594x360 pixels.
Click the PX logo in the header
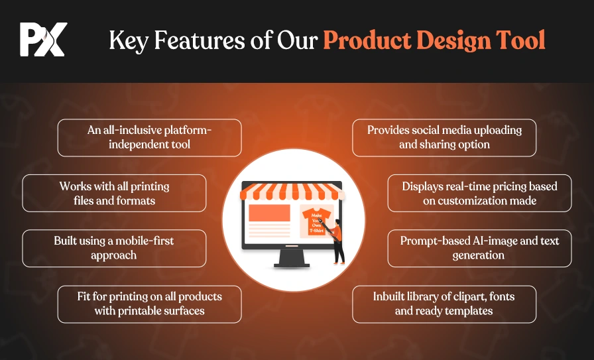click(44, 39)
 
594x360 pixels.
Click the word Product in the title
click(367, 40)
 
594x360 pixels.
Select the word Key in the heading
click(129, 40)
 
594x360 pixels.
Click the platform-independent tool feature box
click(150, 137)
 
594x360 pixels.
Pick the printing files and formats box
click(115, 194)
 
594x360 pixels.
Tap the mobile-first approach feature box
click(115, 248)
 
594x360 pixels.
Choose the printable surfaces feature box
click(150, 304)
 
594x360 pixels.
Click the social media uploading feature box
click(444, 137)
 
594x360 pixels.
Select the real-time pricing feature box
click(479, 194)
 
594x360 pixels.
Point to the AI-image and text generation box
click(479, 248)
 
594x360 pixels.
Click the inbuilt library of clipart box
click(444, 304)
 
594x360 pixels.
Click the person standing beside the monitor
click(335, 241)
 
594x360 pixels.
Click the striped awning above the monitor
click(292, 192)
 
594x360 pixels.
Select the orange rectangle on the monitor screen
click(269, 213)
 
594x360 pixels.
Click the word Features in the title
click(200, 40)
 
